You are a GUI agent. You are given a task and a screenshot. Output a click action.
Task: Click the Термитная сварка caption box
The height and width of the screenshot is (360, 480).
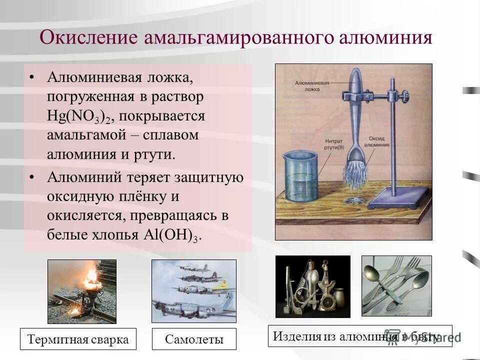pyautogui.click(x=78, y=339)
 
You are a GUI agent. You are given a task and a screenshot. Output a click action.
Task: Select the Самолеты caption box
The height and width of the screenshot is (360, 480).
pyautogui.click(x=194, y=339)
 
